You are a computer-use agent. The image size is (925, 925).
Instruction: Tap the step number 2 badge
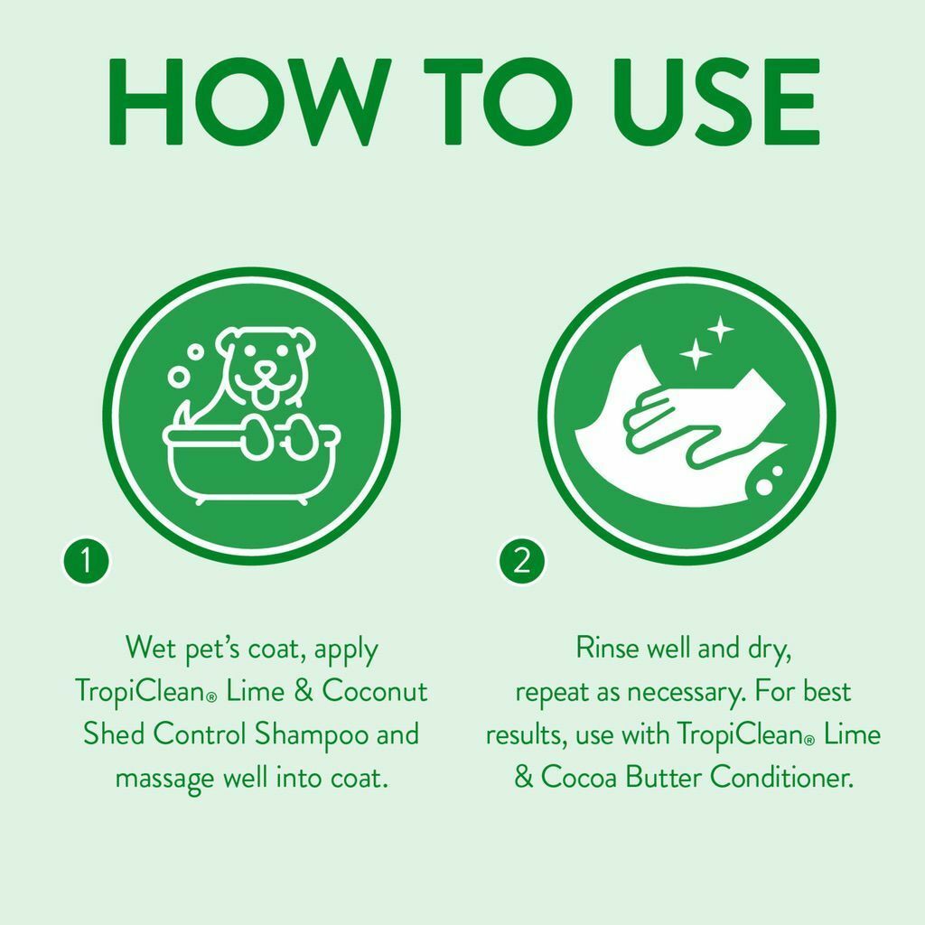coord(521,562)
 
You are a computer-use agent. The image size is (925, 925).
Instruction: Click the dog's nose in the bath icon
coord(265,371)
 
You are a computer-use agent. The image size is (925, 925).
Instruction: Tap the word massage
coord(165,778)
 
